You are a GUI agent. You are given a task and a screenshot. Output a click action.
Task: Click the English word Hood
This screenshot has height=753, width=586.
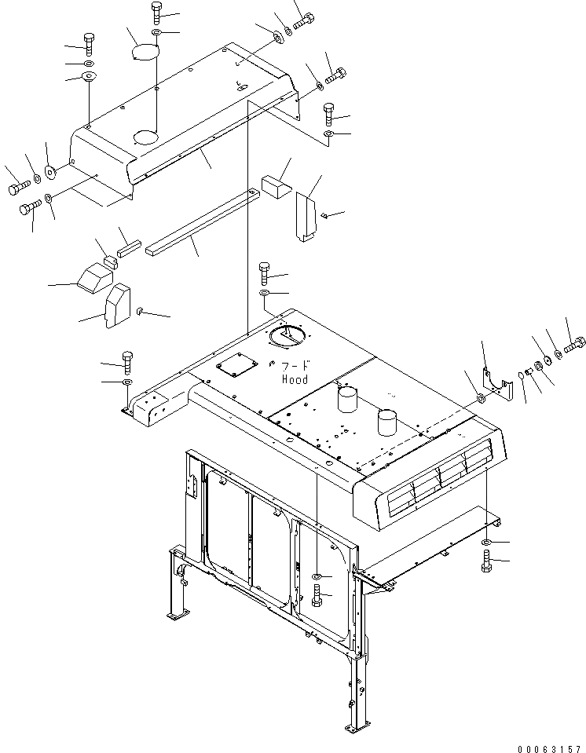coord(295,379)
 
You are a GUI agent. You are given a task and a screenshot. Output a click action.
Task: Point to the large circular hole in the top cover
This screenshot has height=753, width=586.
coord(146,137)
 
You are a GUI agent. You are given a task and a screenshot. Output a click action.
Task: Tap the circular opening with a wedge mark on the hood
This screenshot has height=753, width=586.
coord(287,336)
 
